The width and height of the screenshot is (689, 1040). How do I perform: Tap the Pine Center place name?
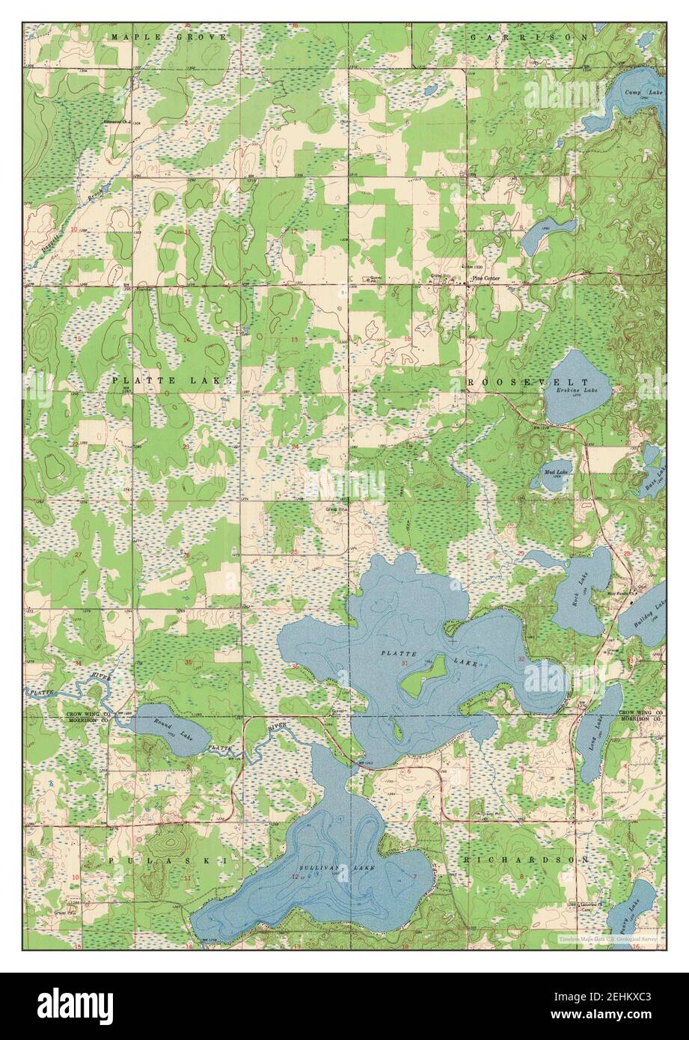(486, 280)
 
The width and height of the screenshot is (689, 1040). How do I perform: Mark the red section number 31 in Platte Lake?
(405, 664)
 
